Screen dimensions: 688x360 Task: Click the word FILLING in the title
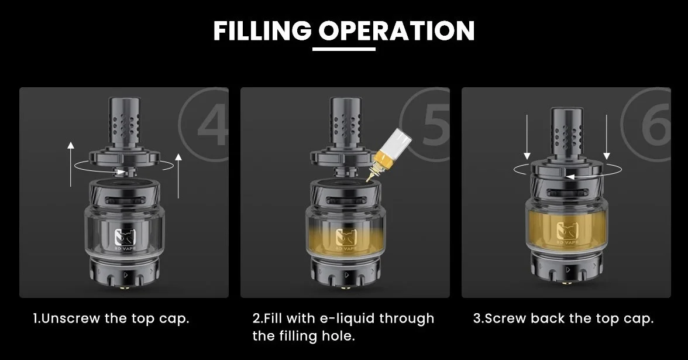[262, 30]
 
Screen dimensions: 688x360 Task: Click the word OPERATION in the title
[396, 30]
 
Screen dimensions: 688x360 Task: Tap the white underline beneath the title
[344, 49]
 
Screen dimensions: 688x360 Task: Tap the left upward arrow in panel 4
[71, 164]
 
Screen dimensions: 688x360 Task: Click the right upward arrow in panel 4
[178, 176]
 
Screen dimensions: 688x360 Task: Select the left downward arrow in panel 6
[527, 137]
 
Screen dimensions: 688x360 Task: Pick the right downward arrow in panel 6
[606, 137]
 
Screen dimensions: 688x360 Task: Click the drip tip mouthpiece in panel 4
[125, 124]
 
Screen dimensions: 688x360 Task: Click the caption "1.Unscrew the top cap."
[111, 318]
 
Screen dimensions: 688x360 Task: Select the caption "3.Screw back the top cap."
[563, 318]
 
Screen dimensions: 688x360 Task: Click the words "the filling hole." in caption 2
[303, 336]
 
